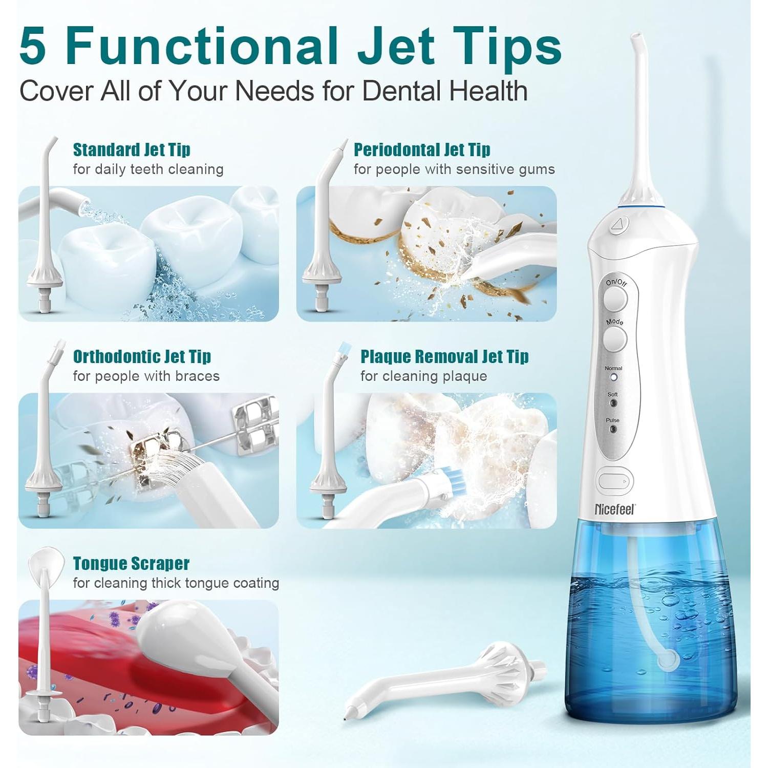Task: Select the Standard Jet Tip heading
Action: (132, 150)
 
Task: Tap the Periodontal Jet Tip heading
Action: (422, 150)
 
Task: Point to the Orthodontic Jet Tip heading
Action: (142, 356)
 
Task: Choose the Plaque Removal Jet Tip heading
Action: (444, 356)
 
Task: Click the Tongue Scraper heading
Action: (131, 563)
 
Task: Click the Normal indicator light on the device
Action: (613, 377)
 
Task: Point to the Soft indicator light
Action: (613, 403)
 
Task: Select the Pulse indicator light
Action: (612, 429)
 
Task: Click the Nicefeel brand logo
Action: (614, 509)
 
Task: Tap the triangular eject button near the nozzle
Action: (619, 224)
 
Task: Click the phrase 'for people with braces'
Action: (146, 376)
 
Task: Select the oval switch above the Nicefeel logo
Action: (614, 481)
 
